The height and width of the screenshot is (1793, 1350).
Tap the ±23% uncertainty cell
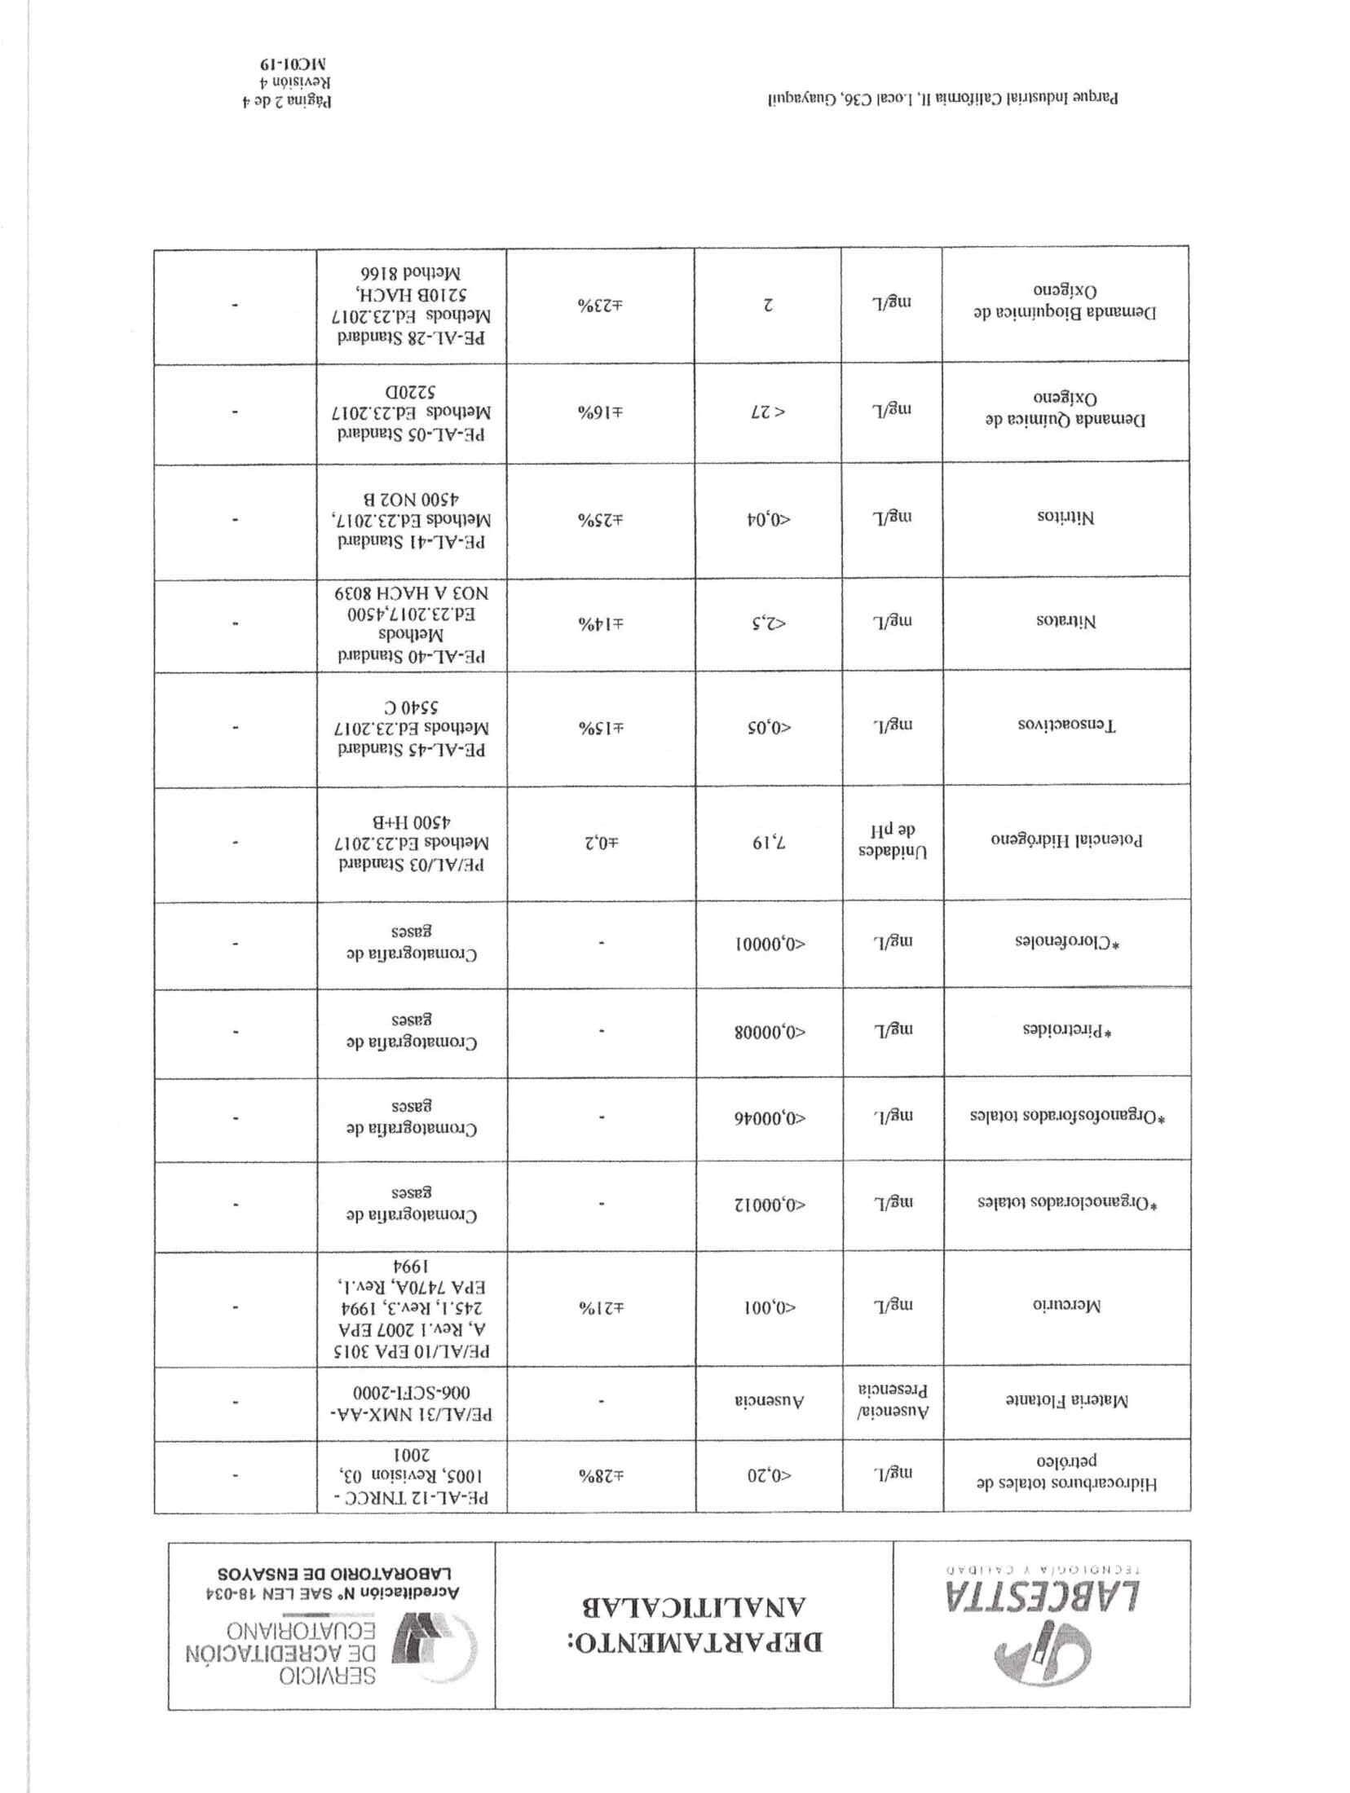(x=600, y=304)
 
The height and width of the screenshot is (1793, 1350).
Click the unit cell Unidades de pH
(x=891, y=840)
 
